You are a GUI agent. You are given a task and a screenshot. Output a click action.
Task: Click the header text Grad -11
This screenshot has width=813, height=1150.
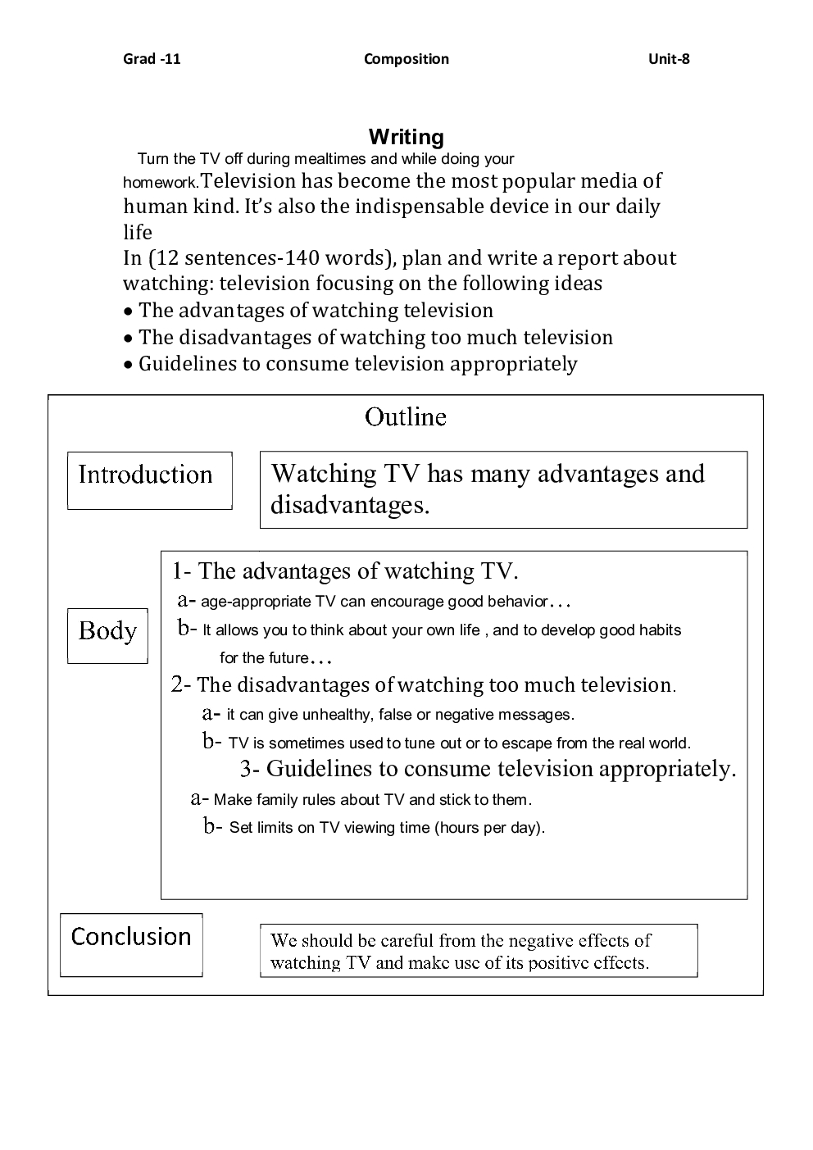click(152, 59)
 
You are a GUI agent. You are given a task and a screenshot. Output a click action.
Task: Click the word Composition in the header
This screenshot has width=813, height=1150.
click(406, 59)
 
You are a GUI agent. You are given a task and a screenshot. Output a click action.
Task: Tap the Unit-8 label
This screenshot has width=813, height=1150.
click(669, 59)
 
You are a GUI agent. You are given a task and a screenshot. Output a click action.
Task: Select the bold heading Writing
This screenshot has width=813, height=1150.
click(406, 137)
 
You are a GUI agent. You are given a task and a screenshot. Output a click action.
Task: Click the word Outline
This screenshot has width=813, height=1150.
click(406, 417)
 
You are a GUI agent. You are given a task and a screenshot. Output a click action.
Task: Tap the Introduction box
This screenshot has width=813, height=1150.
click(149, 480)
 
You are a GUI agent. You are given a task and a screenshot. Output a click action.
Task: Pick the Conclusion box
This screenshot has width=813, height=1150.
click(131, 943)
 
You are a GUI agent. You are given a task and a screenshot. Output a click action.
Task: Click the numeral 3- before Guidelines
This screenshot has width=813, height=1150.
click(250, 769)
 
